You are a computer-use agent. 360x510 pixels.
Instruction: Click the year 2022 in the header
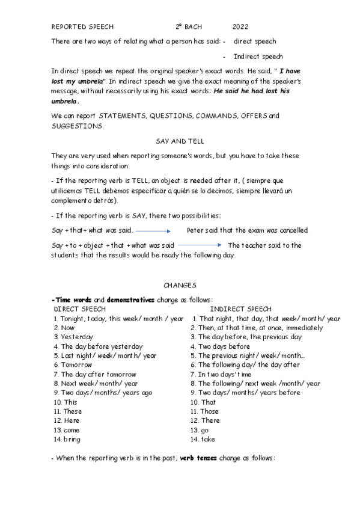click(240, 27)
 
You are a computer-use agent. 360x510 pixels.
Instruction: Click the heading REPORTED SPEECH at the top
click(82, 27)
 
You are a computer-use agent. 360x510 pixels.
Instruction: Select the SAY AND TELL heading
click(180, 141)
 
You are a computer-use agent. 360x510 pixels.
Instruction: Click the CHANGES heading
click(180, 285)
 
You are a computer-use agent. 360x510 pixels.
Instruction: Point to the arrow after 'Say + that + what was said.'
click(153, 231)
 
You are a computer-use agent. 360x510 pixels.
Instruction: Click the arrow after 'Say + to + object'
click(200, 245)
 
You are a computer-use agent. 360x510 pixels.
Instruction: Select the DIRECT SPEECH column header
click(80, 309)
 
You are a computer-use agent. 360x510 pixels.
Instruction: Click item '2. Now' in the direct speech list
click(64, 328)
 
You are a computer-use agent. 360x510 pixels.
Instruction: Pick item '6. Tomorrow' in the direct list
click(73, 365)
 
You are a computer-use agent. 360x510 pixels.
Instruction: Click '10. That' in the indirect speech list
click(203, 402)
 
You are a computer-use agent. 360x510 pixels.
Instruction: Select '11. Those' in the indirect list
click(204, 411)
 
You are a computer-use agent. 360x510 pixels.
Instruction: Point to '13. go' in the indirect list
click(200, 430)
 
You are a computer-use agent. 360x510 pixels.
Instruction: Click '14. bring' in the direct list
click(67, 440)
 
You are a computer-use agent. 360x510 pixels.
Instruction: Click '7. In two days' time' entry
click(222, 375)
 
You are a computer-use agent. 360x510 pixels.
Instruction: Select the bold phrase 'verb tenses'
click(201, 458)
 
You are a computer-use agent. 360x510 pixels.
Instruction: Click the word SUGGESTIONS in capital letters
click(77, 126)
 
